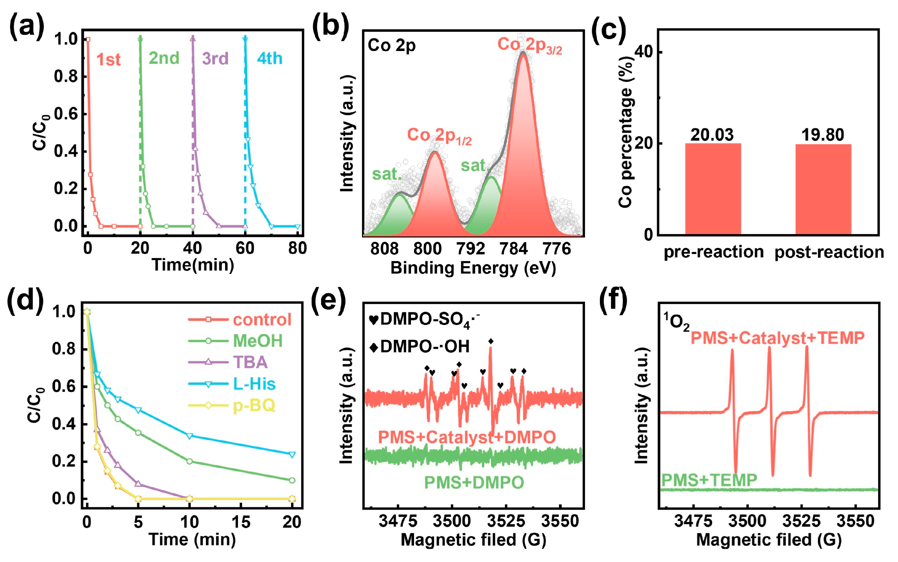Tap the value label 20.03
pyautogui.click(x=712, y=134)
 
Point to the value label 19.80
pyautogui.click(x=823, y=134)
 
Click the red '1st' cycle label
pyautogui.click(x=108, y=59)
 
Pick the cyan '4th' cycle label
pyautogui.click(x=270, y=58)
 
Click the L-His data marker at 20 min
pyautogui.click(x=292, y=455)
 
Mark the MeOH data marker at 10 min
pyautogui.click(x=189, y=461)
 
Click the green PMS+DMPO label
pyautogui.click(x=474, y=482)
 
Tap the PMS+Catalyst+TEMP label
pyautogui.click(x=778, y=338)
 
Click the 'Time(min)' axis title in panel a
pyautogui.click(x=193, y=265)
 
